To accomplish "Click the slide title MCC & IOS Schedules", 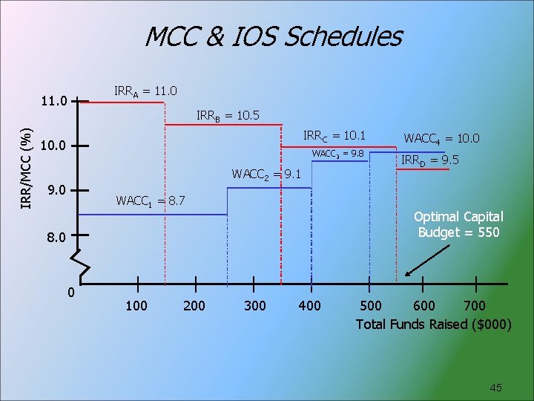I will [x=273, y=36].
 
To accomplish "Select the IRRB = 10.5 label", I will [x=228, y=115].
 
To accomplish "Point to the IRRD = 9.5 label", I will [x=429, y=160].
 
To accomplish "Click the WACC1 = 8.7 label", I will [x=151, y=201].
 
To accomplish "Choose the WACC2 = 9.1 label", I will [x=266, y=175].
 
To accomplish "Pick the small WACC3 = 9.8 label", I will [x=337, y=154].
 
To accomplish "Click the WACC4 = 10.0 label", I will [x=441, y=138].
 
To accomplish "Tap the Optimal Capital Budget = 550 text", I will [x=458, y=224].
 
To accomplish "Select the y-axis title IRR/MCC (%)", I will [x=27, y=168].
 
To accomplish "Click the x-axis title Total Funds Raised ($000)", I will [x=433, y=325].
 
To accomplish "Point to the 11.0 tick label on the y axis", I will [x=53, y=100].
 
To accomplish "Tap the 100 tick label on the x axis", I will [x=136, y=305].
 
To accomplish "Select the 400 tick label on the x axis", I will [x=309, y=305].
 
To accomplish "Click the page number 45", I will [x=496, y=388].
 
